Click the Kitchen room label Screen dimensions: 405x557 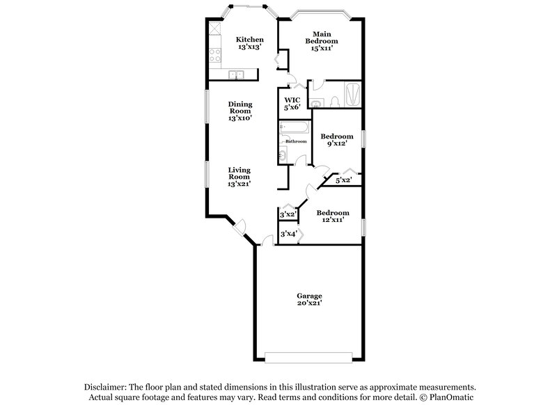coord(249,43)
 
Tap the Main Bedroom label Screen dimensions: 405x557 coord(321,41)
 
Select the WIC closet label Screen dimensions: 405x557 coord(292,104)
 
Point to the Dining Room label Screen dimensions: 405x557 coord(240,111)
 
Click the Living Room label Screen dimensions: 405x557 coord(240,176)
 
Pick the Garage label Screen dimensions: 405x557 coord(310,299)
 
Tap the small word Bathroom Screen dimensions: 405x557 coord(296,141)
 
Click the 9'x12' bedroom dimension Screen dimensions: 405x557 coord(334,143)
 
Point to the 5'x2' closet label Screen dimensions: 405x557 coord(343,180)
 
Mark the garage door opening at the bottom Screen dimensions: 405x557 coord(310,357)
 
